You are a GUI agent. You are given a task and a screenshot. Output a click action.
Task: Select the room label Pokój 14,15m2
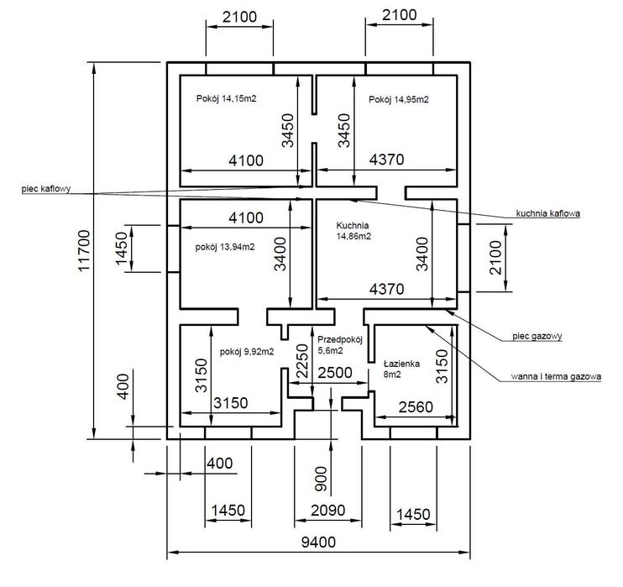(x=227, y=99)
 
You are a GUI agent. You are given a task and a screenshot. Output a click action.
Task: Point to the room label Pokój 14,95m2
(x=399, y=99)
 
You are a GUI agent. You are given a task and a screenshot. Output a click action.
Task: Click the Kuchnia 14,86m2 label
(x=353, y=232)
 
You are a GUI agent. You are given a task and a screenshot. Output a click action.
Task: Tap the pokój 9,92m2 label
(x=247, y=352)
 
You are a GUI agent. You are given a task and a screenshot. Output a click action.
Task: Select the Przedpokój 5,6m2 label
(x=340, y=344)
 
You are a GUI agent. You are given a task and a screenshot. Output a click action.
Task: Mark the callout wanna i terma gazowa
(x=556, y=377)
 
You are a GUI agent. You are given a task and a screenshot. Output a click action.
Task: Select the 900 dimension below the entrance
(x=319, y=480)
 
